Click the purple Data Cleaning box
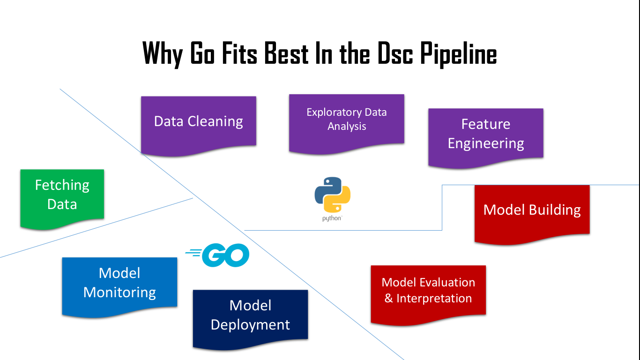(x=199, y=123)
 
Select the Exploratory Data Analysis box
(x=346, y=121)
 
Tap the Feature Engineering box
(x=486, y=135)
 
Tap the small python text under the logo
(x=332, y=218)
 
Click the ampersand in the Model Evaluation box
(x=388, y=299)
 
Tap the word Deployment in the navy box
(x=250, y=325)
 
